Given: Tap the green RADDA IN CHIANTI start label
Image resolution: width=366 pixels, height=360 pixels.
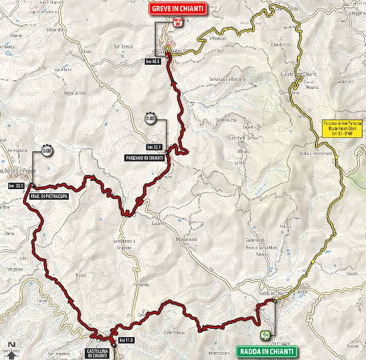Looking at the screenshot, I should [x=266, y=352].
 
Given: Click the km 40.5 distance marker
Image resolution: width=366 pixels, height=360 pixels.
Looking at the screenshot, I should [x=154, y=61].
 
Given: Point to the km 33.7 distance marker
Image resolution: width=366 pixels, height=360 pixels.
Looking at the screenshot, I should [x=154, y=147].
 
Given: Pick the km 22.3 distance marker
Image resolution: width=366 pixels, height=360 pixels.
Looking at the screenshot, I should [x=15, y=186].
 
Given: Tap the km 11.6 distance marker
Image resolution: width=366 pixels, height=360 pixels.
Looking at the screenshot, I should [x=125, y=340].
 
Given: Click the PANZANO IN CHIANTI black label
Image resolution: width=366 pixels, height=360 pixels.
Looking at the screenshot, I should [x=144, y=158].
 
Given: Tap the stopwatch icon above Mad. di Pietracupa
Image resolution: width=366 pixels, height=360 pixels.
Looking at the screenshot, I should [x=47, y=151].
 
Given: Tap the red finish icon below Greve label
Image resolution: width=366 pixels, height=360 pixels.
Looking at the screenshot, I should [x=177, y=24].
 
